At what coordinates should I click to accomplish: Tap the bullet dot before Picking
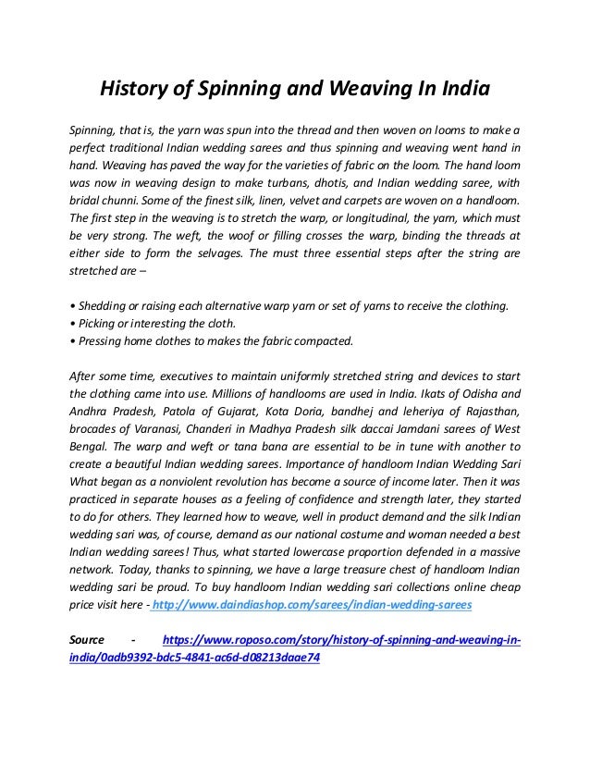73,323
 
